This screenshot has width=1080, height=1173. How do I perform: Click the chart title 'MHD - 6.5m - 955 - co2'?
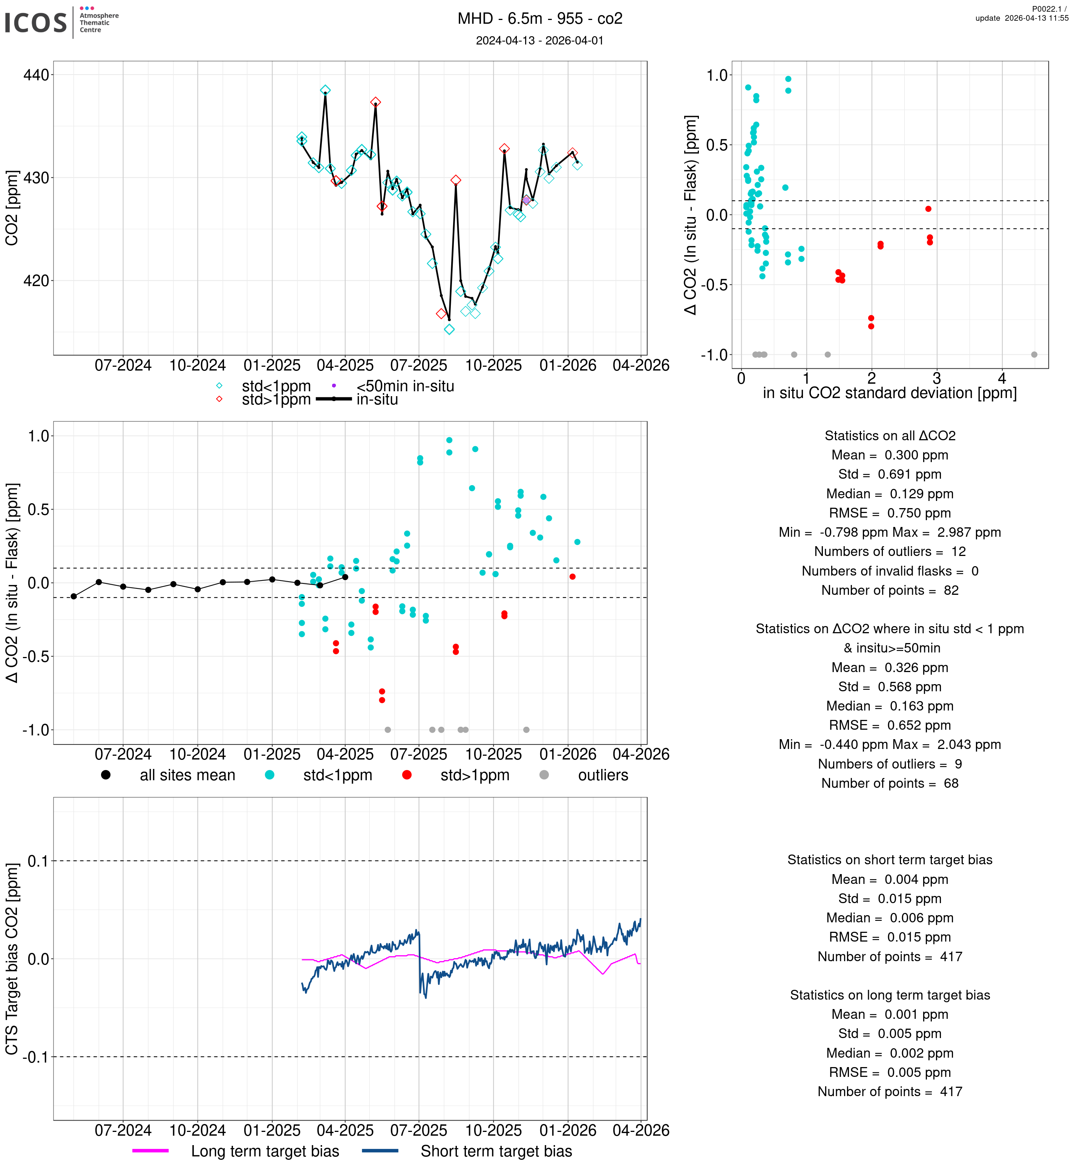(x=539, y=19)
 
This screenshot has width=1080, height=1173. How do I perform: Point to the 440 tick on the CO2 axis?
(x=36, y=75)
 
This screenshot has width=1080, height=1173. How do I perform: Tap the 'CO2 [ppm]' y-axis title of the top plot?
(x=12, y=208)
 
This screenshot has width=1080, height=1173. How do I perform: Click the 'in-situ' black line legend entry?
(x=377, y=400)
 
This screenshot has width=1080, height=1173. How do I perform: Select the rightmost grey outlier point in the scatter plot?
(x=1034, y=355)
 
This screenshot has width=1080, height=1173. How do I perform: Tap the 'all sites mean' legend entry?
(x=187, y=776)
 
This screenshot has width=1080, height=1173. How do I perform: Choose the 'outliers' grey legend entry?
(x=602, y=776)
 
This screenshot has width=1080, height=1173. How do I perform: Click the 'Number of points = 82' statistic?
(x=890, y=590)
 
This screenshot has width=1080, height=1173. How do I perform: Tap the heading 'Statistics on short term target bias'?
(x=890, y=860)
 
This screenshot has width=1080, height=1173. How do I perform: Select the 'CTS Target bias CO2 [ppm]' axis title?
(x=12, y=959)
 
